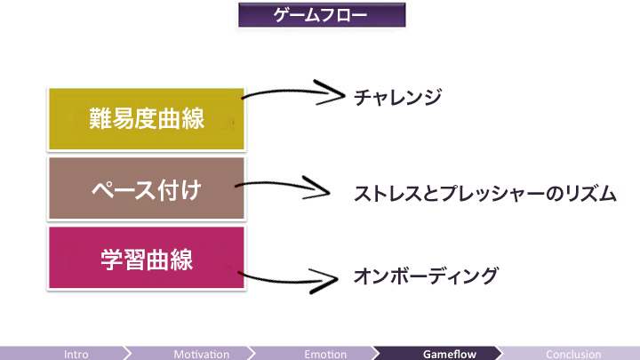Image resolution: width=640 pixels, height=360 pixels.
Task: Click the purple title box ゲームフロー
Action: pos(322,15)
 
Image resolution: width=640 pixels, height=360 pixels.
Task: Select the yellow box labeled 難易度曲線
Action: pos(147,119)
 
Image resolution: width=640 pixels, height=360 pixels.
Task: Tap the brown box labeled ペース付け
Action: pos(147,188)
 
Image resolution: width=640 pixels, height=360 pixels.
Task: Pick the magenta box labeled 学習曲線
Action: pos(147,258)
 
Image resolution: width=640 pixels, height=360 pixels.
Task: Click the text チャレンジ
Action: pos(397,97)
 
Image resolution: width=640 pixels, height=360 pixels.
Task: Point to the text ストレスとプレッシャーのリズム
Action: pos(485,194)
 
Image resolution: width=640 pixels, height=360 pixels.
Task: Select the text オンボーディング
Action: pos(426,276)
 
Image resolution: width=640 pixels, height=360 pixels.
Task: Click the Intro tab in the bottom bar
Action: pos(76,354)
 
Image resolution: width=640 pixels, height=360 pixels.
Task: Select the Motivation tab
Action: pos(202,354)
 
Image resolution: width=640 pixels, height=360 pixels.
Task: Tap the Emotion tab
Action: pos(325,354)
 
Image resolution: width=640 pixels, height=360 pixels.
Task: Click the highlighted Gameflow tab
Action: pos(450,354)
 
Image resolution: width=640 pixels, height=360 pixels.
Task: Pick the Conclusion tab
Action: pos(573,354)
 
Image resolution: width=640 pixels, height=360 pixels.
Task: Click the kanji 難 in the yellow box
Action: pos(100,118)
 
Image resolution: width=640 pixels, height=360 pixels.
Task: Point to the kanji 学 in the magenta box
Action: pos(112,260)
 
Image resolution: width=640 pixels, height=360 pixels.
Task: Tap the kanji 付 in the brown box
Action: pos(169,190)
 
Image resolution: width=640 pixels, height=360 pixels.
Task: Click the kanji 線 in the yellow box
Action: pos(193,118)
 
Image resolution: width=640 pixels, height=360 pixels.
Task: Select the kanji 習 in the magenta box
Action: pos(135,260)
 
